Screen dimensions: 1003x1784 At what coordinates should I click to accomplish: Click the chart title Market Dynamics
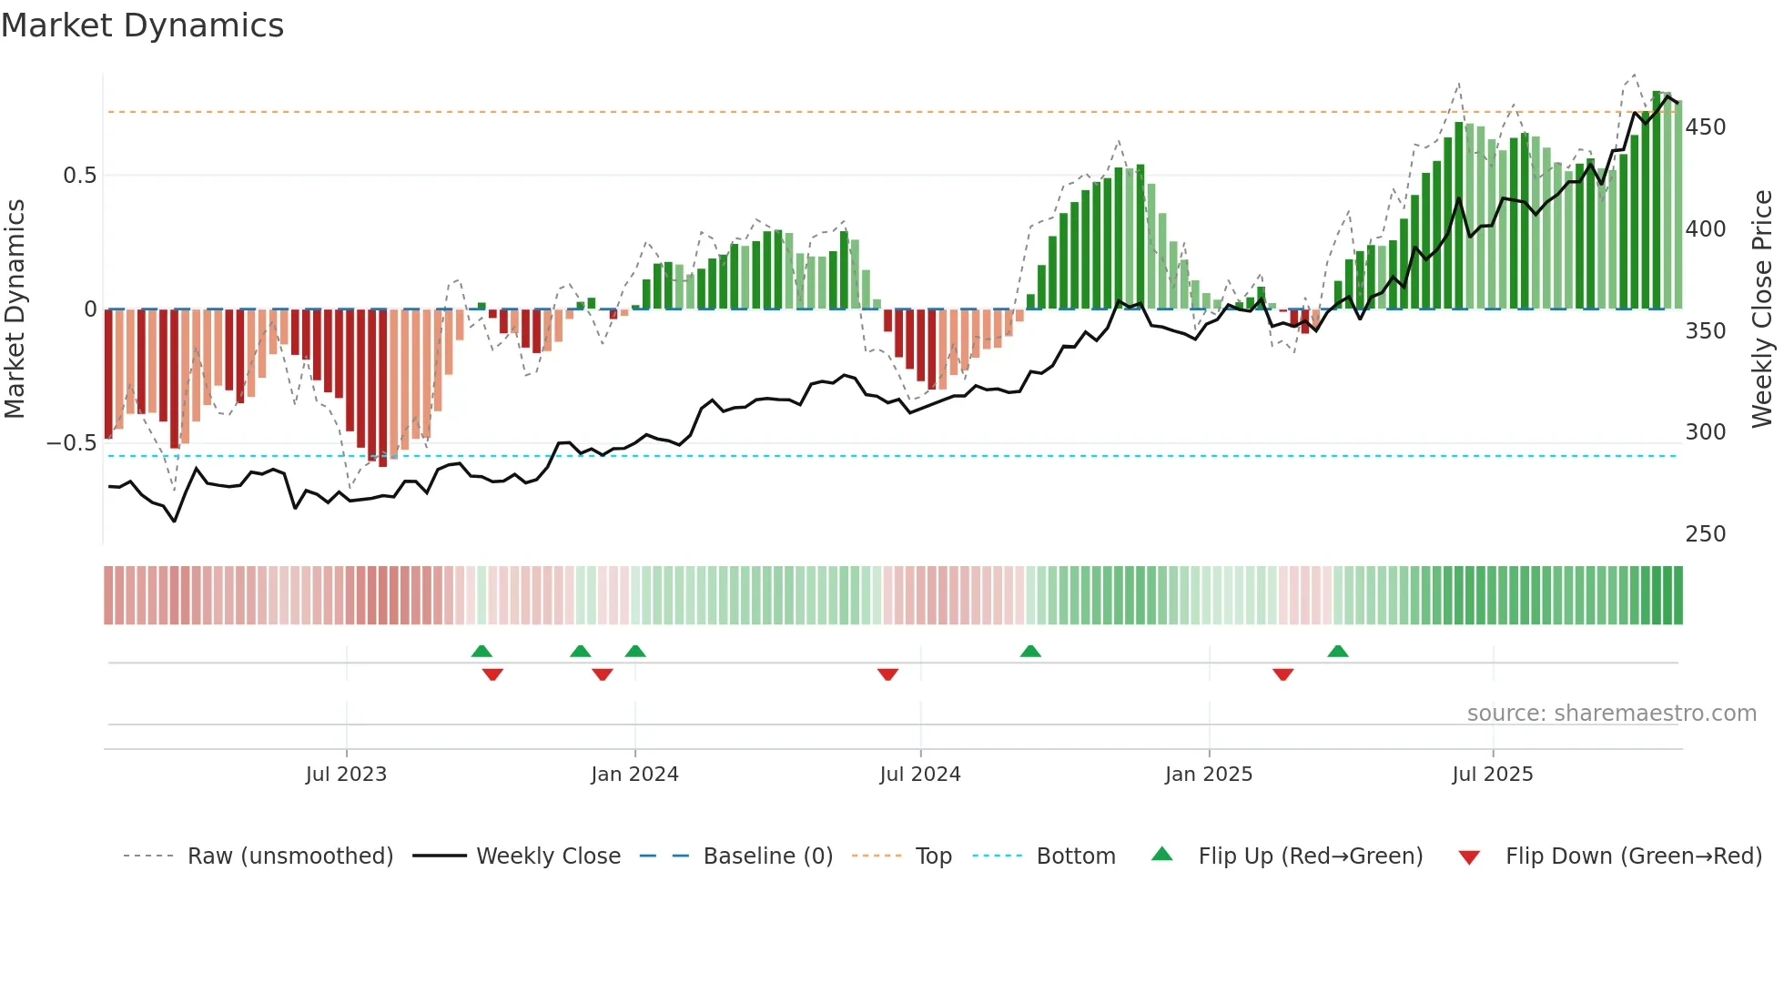click(x=143, y=25)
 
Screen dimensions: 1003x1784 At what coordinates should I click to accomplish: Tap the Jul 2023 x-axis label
click(x=346, y=775)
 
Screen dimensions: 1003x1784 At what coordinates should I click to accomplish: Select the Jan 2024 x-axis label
click(x=634, y=775)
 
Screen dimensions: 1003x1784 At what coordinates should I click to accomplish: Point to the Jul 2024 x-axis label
click(x=920, y=775)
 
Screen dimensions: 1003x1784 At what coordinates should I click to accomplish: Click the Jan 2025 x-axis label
click(x=1209, y=775)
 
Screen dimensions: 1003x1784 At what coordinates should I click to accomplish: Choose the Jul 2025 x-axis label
click(x=1493, y=775)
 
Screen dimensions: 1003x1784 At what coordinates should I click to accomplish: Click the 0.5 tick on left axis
click(x=79, y=176)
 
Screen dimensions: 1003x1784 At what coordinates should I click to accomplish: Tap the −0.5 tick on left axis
click(x=72, y=443)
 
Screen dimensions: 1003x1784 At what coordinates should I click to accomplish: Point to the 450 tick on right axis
click(x=1705, y=127)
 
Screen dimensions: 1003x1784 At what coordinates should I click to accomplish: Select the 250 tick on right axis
click(x=1705, y=534)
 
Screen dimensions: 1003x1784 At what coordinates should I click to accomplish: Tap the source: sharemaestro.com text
click(x=1611, y=714)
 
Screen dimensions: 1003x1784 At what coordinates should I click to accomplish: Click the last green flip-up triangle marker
click(x=1338, y=652)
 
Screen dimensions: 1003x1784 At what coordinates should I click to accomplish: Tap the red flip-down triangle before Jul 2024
click(x=888, y=674)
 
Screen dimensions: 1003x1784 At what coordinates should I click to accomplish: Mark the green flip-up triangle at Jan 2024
click(x=635, y=652)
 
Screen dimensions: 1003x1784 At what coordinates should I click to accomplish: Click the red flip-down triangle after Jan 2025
click(x=1283, y=674)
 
